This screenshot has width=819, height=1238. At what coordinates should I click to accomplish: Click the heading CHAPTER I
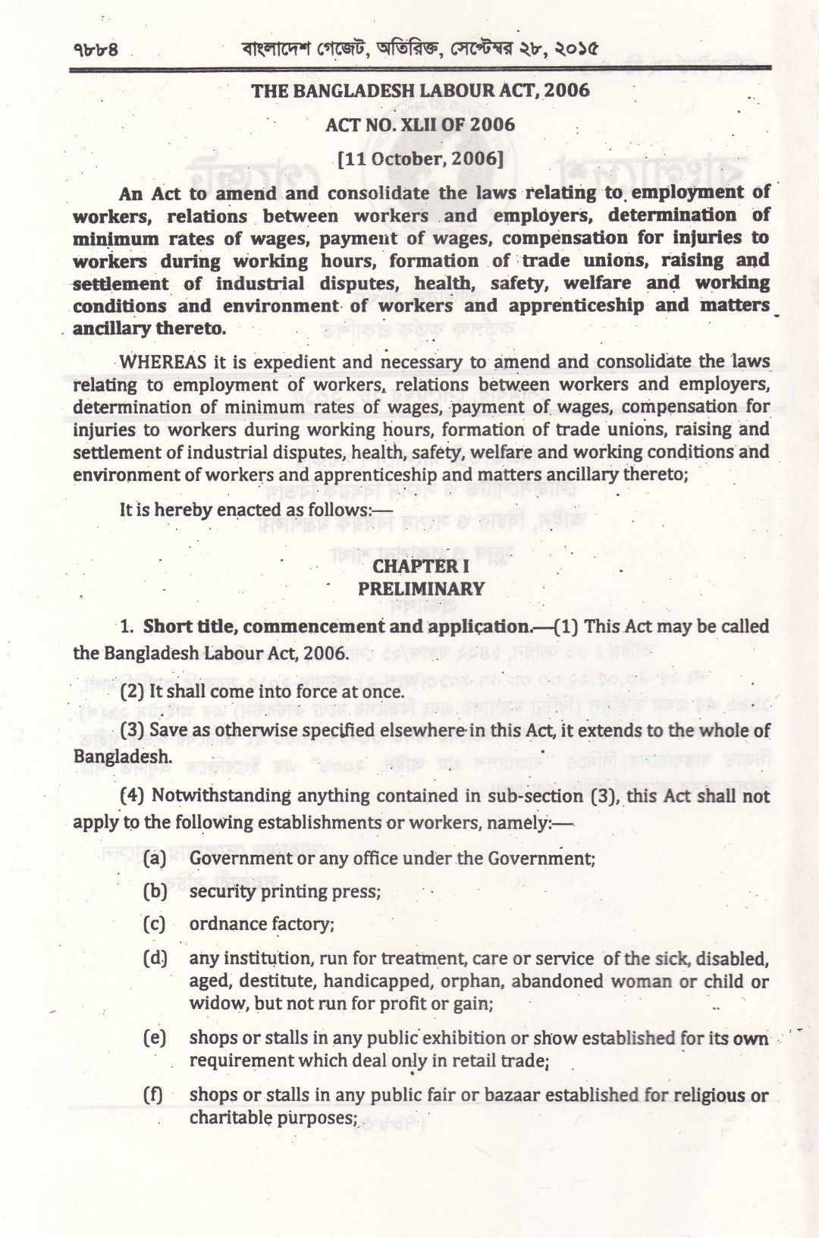[421, 566]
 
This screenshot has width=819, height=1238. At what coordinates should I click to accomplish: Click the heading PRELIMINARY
[421, 589]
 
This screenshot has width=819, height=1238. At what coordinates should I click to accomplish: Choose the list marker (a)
[155, 858]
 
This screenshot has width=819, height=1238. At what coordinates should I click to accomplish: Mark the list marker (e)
[155, 1038]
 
